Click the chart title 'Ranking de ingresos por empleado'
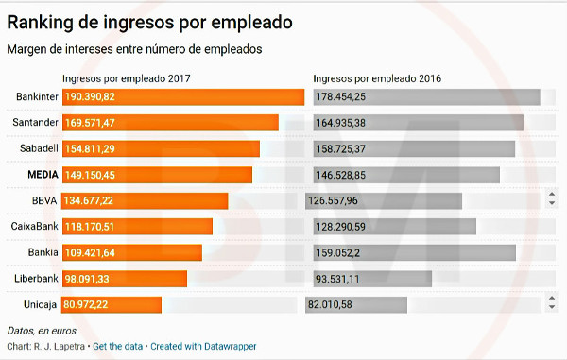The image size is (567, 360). pos(149,23)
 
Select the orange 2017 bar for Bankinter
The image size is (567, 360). pos(183,97)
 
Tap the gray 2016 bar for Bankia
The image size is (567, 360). pos(415,252)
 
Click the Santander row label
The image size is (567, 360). pos(36,122)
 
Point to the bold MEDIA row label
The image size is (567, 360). pos(43,175)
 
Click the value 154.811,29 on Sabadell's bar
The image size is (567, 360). pos(90,149)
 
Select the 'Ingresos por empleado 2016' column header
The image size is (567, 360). pos(377,78)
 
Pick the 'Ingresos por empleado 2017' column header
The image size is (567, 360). pos(127,78)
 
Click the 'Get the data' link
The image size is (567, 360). pos(117,346)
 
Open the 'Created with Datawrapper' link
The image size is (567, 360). pos(203,346)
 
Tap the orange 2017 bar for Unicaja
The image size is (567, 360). pos(112,304)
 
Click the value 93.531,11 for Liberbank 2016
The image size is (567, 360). pos(337,279)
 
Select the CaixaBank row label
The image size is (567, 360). pos(34,226)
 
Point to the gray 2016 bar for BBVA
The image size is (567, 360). pos(384,201)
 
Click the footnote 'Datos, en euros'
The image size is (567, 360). pos(42,331)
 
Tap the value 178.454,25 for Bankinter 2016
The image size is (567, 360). pos(340,97)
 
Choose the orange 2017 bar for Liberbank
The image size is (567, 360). pos(125,279)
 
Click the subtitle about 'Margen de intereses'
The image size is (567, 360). pos(134,49)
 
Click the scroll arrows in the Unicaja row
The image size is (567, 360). pos(552,302)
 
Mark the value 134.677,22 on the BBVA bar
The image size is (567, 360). pos(89,200)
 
